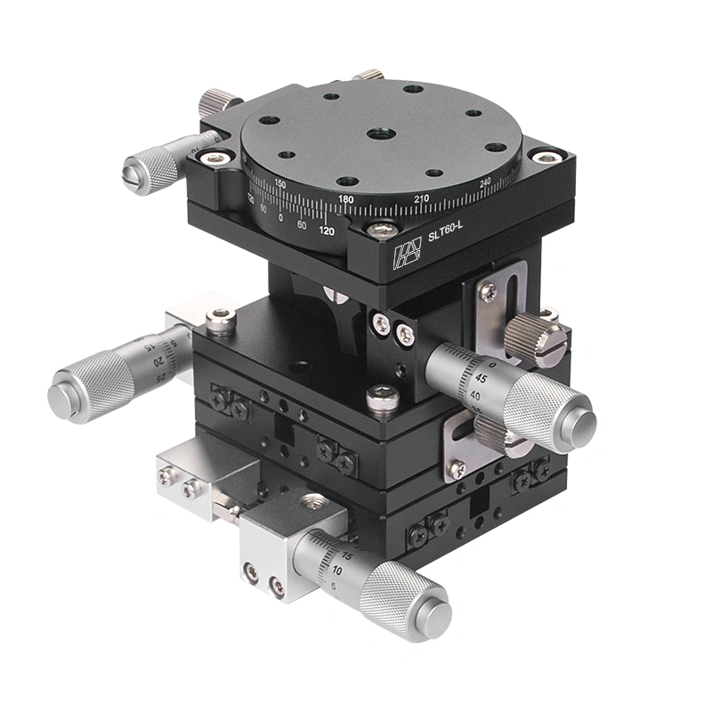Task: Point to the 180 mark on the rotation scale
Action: pos(345,198)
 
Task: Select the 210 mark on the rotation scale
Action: pos(422,198)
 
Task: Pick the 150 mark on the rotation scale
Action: pos(280,183)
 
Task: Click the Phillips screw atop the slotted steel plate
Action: pos(488,289)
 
